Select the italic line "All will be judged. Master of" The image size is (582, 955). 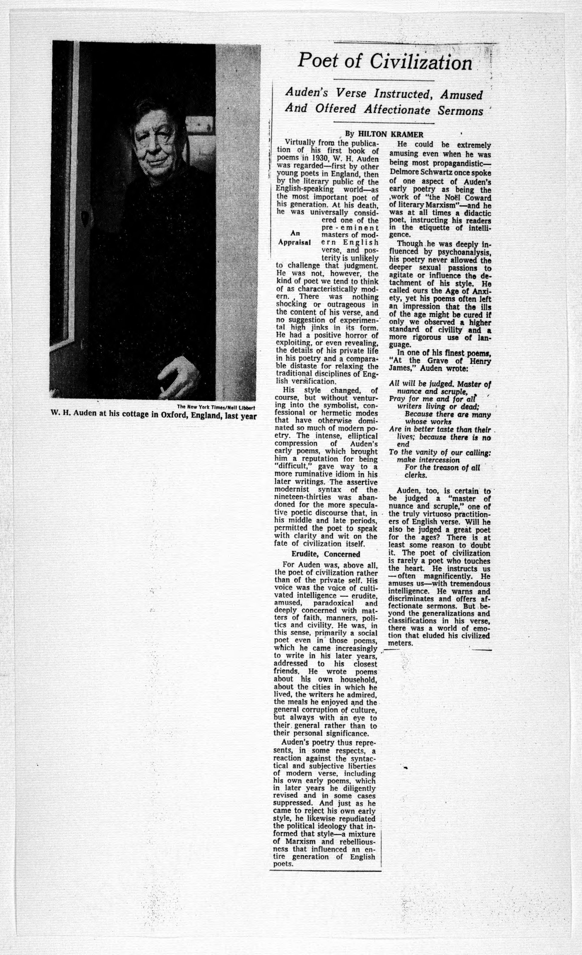440,384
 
